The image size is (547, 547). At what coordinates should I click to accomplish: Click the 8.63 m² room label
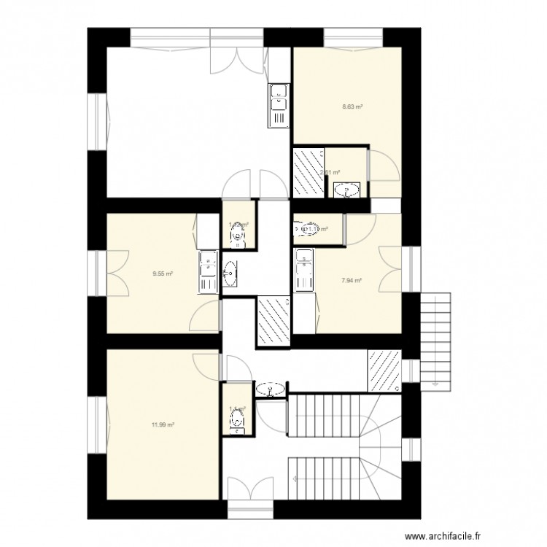353,106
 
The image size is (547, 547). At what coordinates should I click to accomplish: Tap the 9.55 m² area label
162,274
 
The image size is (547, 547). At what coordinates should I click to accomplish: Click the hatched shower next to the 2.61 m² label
307,173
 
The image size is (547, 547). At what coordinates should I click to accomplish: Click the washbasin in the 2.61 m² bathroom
344,191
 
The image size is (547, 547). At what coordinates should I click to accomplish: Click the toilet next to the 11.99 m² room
236,420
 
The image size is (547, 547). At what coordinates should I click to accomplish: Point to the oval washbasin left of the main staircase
272,389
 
